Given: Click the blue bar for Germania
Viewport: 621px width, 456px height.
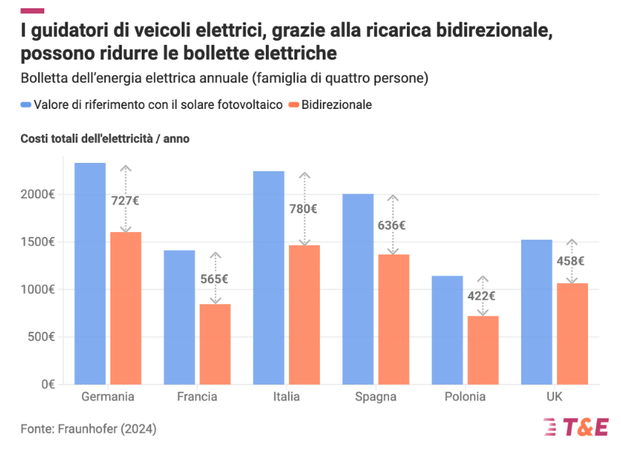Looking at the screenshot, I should [90, 273].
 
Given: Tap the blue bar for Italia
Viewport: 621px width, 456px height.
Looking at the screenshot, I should [269, 278].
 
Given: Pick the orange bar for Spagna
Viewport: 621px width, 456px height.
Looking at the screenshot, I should [393, 319].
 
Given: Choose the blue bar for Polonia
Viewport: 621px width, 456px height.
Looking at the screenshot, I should [447, 330].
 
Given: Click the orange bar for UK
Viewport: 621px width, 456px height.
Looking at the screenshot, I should [572, 334].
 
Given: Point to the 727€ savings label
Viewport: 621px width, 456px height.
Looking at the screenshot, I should [125, 201].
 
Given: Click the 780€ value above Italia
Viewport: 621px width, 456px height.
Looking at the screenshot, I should [304, 209].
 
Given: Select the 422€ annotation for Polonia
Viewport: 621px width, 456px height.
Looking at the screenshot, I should [482, 296].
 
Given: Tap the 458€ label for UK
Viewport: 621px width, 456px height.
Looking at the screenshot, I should [571, 261].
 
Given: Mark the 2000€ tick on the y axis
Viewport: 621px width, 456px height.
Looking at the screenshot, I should [38, 195].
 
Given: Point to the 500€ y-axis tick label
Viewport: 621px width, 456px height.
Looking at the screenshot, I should [41, 337].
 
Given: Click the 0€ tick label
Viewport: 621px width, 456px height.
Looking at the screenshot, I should [48, 384].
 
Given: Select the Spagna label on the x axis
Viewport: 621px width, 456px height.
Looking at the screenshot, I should [375, 397].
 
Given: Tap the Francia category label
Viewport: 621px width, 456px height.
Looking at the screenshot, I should [197, 397].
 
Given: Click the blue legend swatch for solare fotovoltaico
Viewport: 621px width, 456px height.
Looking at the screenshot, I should [26, 105].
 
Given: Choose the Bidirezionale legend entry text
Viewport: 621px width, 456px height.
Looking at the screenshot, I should [336, 105].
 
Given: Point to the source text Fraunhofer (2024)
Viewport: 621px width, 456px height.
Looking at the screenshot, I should [89, 429].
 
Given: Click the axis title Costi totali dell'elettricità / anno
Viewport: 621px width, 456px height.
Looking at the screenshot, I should [105, 139].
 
